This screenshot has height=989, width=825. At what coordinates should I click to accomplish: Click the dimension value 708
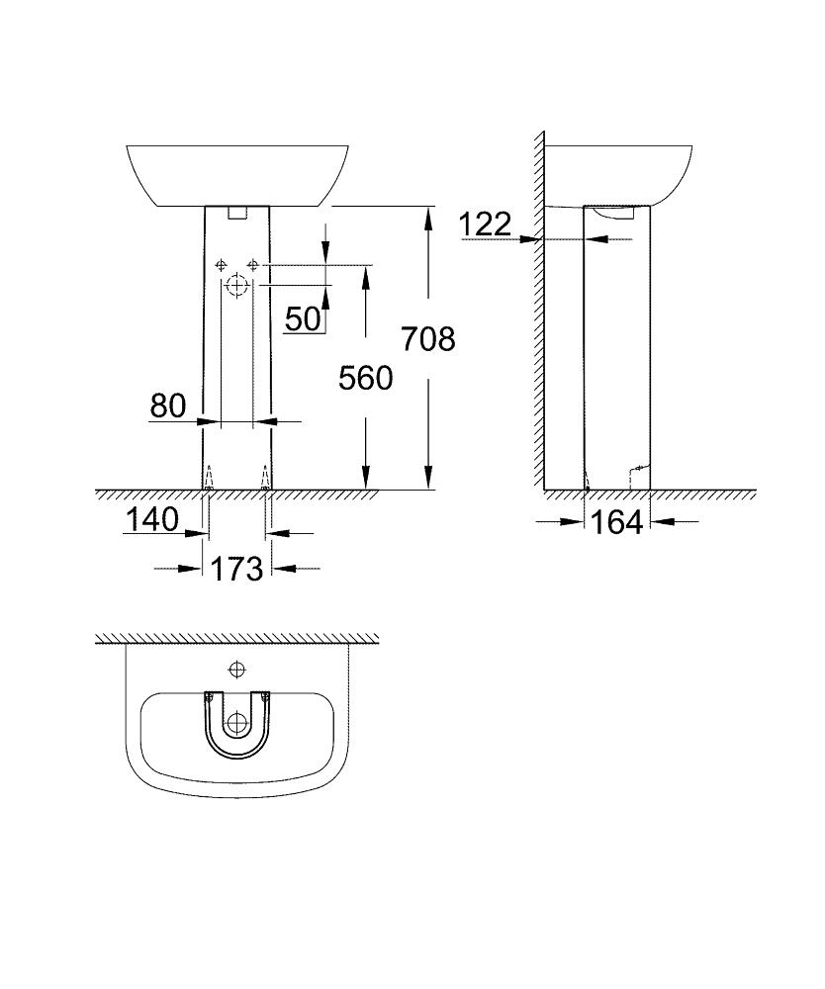pyautogui.click(x=428, y=339)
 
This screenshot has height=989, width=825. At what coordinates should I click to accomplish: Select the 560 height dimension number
pyautogui.click(x=365, y=378)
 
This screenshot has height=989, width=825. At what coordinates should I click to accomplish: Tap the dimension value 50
pyautogui.click(x=303, y=318)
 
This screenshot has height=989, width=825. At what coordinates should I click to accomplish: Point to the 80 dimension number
pyautogui.click(x=168, y=405)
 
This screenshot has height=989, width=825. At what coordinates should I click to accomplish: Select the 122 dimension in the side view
pyautogui.click(x=485, y=225)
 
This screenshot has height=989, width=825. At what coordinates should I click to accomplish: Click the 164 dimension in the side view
pyautogui.click(x=616, y=522)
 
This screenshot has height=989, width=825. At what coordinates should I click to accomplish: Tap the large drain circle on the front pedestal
pyautogui.click(x=236, y=287)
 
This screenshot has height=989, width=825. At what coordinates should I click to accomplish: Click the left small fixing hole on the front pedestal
pyautogui.click(x=221, y=265)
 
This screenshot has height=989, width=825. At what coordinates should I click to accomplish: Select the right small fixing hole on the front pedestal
pyautogui.click(x=253, y=265)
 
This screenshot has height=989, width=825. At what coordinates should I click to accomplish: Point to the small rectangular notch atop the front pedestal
pyautogui.click(x=237, y=211)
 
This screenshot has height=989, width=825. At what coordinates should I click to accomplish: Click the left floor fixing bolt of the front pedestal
pyautogui.click(x=208, y=482)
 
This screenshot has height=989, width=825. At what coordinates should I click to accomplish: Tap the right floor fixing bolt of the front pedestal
pyautogui.click(x=265, y=482)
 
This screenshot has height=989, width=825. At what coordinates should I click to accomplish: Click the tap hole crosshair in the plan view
pyautogui.click(x=235, y=670)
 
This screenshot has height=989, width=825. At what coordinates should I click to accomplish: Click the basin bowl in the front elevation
pyautogui.click(x=237, y=174)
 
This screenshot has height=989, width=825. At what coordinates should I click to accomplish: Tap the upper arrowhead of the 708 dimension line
pyautogui.click(x=428, y=214)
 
